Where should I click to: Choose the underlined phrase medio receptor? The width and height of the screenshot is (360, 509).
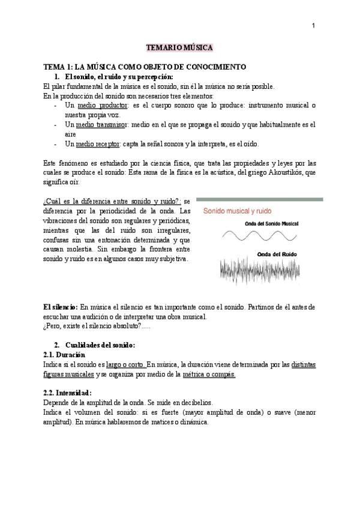(98, 144)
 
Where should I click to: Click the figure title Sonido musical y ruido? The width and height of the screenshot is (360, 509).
(237, 211)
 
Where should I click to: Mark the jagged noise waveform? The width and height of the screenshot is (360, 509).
(267, 270)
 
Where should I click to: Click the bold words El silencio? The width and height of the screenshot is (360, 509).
(61, 307)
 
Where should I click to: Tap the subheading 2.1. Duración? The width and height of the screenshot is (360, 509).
(64, 355)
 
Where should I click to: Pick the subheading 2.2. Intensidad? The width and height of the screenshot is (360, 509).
(68, 393)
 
